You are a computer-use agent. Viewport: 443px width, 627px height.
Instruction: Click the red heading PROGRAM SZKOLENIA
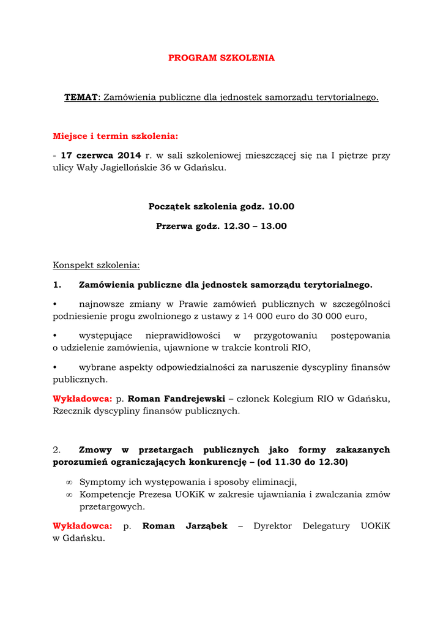click(221, 58)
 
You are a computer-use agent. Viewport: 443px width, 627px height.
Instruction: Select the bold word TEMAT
click(81, 97)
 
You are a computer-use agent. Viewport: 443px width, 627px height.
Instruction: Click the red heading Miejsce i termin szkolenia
click(115, 136)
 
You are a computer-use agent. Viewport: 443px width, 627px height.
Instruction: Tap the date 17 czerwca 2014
click(101, 156)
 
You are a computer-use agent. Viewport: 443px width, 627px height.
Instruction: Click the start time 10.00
click(281, 207)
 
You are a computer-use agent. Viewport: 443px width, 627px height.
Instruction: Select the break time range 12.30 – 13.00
click(255, 226)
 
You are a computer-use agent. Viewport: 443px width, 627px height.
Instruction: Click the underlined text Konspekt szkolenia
click(96, 265)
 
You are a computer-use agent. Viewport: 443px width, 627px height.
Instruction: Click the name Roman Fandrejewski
click(177, 399)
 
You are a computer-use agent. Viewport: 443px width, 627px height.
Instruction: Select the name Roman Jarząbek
click(185, 526)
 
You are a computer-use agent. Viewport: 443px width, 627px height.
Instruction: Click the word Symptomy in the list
click(102, 482)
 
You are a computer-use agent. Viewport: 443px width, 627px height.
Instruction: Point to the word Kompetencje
click(108, 495)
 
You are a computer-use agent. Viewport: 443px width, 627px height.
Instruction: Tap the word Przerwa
click(174, 226)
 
